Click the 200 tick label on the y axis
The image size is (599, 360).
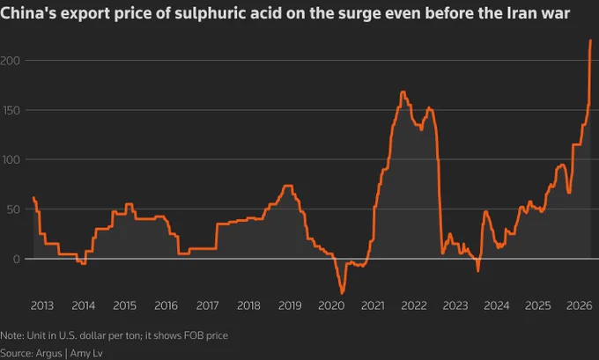point(10,61)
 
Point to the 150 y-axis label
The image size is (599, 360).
point(11,111)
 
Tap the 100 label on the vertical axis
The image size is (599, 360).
point(11,159)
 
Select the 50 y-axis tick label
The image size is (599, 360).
point(13,209)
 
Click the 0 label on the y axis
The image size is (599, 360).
point(17,259)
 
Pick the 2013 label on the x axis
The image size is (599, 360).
point(42,305)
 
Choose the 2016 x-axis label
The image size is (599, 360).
point(166,305)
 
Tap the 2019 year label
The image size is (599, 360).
point(290,305)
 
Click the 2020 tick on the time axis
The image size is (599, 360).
point(331,305)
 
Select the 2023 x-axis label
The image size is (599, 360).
point(455,305)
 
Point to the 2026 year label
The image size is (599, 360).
point(579,305)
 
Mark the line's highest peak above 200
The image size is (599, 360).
point(590,40)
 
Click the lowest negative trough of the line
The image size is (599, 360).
point(342,293)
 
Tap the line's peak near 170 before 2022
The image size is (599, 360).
point(403,92)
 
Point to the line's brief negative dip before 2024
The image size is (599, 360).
point(478,271)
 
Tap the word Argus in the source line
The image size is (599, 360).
point(48,354)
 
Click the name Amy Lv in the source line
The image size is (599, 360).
point(86,354)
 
